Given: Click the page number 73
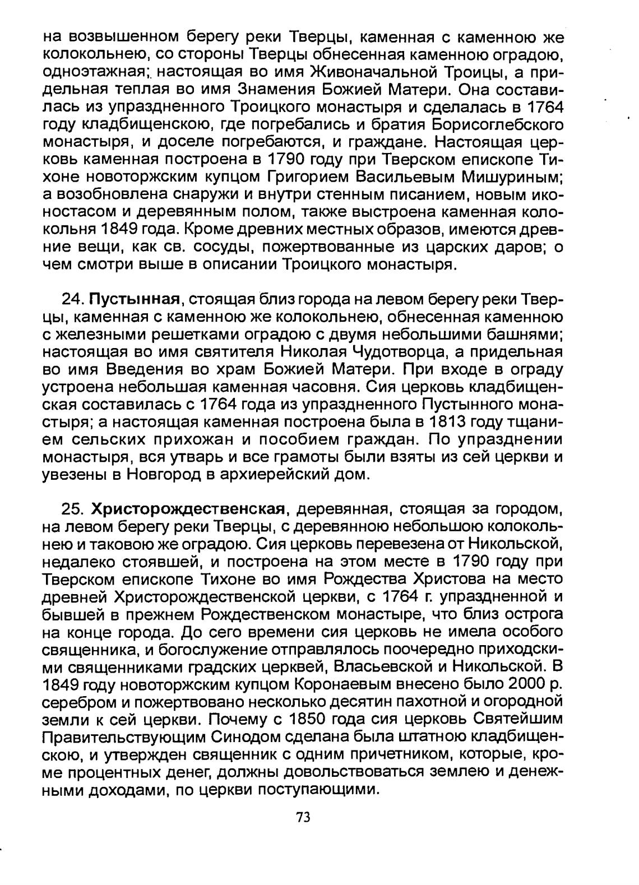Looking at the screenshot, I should [303, 817].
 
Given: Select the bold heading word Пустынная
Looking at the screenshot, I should [138, 299].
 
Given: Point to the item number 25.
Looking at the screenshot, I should [72, 509].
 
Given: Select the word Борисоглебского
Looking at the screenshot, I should [497, 124].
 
